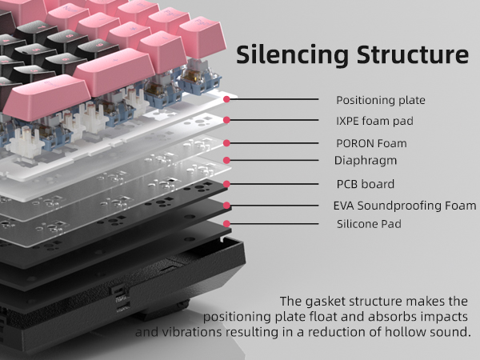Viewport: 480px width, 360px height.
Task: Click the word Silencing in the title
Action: [278, 55]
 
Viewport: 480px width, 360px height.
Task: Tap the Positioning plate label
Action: [380, 100]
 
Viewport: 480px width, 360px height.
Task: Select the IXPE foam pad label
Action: [374, 122]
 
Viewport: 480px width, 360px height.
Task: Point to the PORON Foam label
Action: [371, 143]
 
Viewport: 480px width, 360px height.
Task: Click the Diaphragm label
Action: [366, 161]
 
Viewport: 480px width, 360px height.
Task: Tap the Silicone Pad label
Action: [369, 224]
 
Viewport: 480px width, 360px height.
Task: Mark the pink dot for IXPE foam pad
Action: [227, 121]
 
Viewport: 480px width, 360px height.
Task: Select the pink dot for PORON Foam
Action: [227, 142]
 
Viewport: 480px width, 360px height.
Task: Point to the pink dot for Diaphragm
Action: [227, 160]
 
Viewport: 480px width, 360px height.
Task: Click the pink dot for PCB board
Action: [227, 183]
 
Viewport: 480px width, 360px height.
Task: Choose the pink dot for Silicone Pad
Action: [227, 223]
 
